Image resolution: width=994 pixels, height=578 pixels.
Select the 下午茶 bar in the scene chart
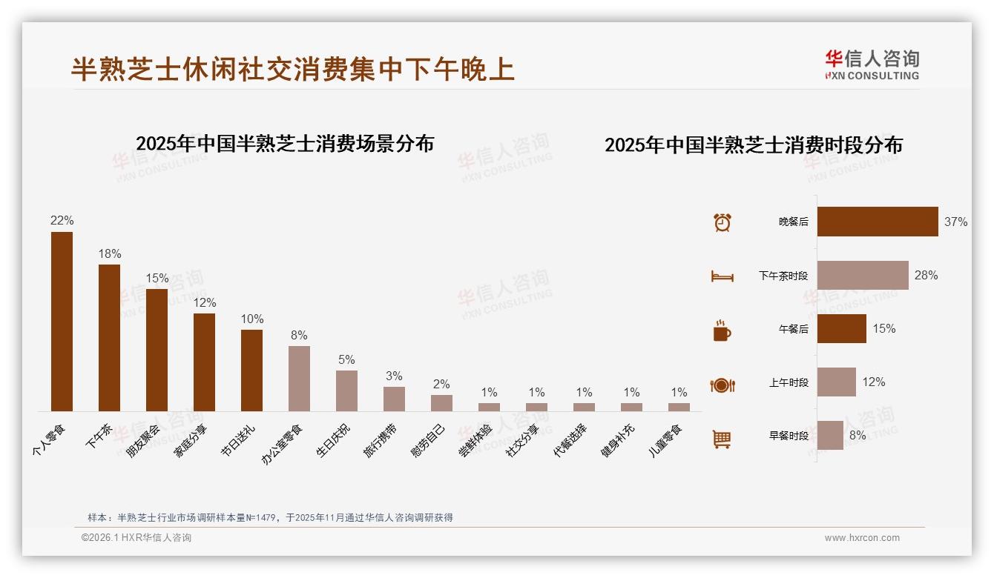(x=109, y=337)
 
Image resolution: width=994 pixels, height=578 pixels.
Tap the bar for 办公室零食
(x=299, y=378)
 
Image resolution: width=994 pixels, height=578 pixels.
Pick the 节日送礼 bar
(x=251, y=370)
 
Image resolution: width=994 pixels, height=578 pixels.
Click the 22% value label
(x=62, y=220)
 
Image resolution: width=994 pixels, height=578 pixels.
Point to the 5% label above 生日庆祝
(x=346, y=359)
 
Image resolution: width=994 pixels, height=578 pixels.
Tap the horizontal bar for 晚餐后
(x=878, y=222)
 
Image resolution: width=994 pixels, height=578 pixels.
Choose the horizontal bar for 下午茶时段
(x=863, y=275)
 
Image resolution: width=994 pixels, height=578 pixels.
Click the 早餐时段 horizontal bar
(x=830, y=435)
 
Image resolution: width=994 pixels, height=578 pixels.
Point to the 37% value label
(x=955, y=222)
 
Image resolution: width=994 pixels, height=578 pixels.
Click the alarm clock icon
(x=722, y=222)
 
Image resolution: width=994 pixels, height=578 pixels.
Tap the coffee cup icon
(x=722, y=330)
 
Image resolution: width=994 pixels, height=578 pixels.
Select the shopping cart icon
(x=722, y=439)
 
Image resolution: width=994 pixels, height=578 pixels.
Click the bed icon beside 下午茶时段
(x=722, y=276)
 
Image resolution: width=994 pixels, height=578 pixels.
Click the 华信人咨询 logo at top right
(x=872, y=64)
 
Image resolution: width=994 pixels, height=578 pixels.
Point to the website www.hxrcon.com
(x=862, y=538)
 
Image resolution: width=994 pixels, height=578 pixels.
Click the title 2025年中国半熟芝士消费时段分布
(x=753, y=144)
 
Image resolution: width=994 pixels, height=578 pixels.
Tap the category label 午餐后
(x=793, y=329)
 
